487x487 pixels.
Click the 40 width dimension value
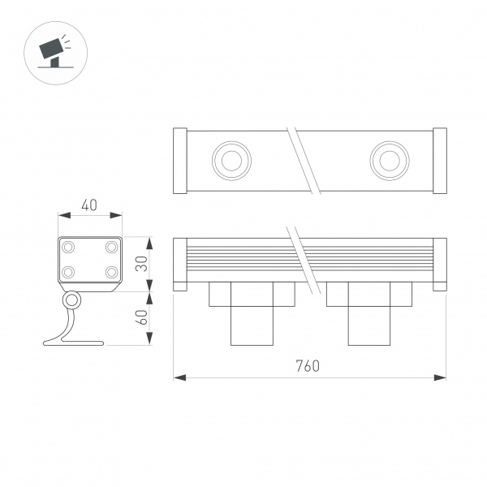(x=90, y=205)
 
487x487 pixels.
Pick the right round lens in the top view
(x=386, y=160)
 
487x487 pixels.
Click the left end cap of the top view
(x=181, y=161)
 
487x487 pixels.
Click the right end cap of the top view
(x=439, y=161)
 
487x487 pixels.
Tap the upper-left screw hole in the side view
(x=69, y=246)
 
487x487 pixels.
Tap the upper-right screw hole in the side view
(x=110, y=246)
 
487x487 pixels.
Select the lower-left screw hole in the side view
(x=69, y=272)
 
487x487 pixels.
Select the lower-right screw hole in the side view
(x=110, y=272)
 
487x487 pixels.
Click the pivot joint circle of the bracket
(x=72, y=301)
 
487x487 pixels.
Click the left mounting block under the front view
(x=250, y=312)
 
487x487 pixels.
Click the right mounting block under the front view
(x=368, y=312)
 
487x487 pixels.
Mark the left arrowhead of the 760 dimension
(x=179, y=377)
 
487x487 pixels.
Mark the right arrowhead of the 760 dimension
(x=442, y=377)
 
